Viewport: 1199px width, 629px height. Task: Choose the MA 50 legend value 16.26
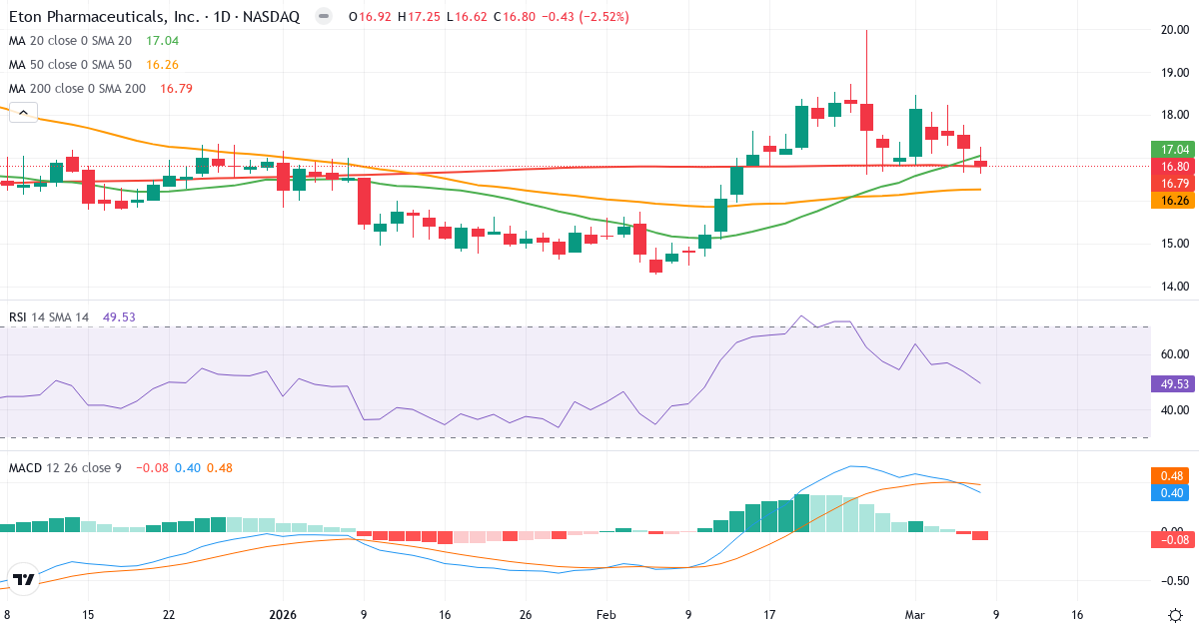[162, 64]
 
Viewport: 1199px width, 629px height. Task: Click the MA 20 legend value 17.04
[162, 41]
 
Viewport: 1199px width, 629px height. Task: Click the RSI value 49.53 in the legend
[119, 317]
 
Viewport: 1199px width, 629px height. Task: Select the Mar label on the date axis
[914, 615]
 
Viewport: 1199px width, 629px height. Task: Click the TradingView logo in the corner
[25, 579]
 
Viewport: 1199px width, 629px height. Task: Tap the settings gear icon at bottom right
[1175, 615]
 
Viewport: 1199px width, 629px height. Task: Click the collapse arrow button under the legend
[23, 113]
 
